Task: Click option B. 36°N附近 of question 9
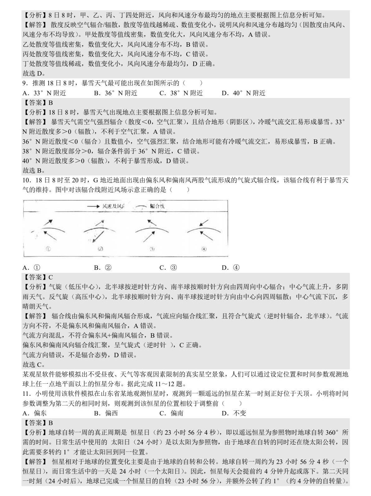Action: click(x=115, y=93)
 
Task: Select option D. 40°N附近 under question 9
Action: click(x=243, y=93)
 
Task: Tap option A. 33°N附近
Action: click(x=44, y=93)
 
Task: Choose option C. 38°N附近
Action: click(x=181, y=93)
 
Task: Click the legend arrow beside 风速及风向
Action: click(x=94, y=206)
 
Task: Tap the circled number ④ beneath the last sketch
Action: click(x=204, y=249)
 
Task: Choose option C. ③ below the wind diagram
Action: click(x=168, y=268)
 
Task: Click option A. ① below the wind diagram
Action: click(x=31, y=268)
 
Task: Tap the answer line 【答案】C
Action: click(x=38, y=277)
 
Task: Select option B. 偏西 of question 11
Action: click(x=106, y=413)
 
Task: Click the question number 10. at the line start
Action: click(x=26, y=180)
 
